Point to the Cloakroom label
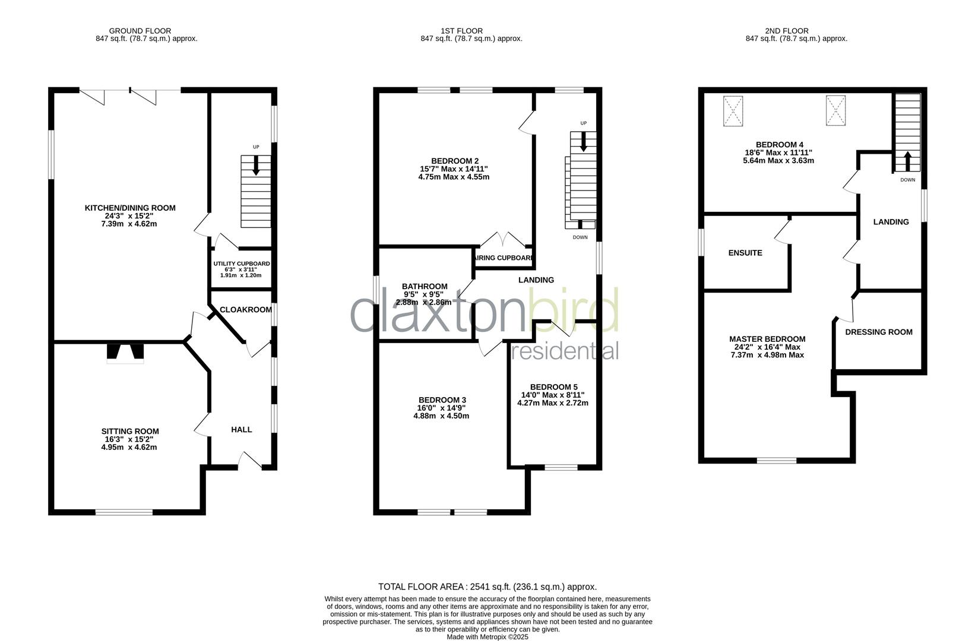tap(245, 310)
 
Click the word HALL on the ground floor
tap(242, 430)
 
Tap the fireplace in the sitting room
tap(125, 353)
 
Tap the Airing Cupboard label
tap(504, 258)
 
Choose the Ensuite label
tap(745, 253)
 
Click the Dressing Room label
tap(878, 332)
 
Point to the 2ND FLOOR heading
tap(787, 31)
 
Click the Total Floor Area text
tap(487, 586)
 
